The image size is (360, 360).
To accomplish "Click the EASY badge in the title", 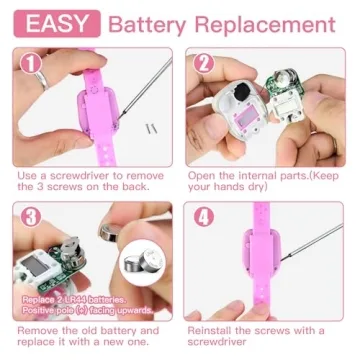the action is point(57,23).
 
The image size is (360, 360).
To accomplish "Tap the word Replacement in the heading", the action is point(265,25).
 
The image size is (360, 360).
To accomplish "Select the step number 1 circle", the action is point(31,64).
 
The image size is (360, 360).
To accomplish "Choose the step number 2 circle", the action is point(203,63).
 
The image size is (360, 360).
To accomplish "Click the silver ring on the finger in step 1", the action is point(43,80).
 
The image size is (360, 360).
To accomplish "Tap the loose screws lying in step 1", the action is point(151,128).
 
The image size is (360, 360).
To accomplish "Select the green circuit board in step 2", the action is point(286,85).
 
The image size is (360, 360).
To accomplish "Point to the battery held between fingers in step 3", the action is point(110,232).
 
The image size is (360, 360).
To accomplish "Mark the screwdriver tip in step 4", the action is point(282,260).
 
